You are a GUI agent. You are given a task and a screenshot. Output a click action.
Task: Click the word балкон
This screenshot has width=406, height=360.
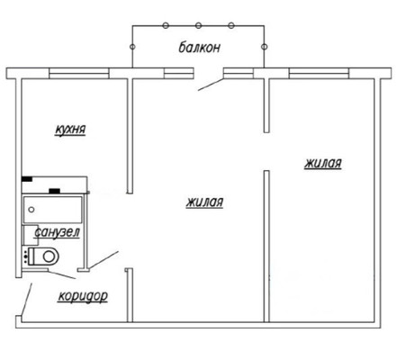tap(200, 48)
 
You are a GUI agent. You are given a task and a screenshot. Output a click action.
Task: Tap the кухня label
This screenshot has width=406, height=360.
tap(70, 130)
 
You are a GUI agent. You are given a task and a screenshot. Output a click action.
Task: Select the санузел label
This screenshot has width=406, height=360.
tap(57, 232)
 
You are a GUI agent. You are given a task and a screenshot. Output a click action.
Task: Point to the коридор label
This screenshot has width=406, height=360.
tap(83, 296)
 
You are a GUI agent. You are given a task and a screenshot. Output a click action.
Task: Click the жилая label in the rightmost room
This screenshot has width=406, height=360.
tap(323, 164)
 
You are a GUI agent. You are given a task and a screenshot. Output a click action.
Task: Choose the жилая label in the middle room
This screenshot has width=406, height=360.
tap(204, 202)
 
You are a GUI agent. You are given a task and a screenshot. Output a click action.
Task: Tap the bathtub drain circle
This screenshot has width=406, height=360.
tap(32, 210)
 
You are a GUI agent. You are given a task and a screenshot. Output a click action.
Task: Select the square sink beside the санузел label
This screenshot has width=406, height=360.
tap(32, 235)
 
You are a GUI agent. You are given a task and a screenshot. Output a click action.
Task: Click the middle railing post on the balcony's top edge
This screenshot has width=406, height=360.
tap(198, 26)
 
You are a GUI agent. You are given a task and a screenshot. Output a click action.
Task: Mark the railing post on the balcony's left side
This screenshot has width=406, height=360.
tap(132, 47)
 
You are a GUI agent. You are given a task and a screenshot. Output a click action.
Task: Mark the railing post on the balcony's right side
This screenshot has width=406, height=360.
tap(264, 47)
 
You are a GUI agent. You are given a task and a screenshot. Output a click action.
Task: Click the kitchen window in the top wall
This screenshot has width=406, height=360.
tap(79, 73)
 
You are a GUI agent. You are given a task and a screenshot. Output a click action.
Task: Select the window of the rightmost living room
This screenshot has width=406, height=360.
tap(319, 73)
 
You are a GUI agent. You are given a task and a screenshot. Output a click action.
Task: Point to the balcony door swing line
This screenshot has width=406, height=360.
tap(211, 85)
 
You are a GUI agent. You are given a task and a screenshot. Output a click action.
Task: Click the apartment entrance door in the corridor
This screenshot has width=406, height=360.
tap(26, 300)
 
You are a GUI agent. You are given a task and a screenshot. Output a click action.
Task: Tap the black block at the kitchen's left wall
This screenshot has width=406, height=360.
tap(27, 179)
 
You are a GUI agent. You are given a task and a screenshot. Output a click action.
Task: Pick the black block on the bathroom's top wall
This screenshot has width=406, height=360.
tap(54, 191)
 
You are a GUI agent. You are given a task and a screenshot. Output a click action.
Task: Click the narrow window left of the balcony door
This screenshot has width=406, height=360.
tap(179, 73)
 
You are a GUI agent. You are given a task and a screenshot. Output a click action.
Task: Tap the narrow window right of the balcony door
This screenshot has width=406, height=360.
tap(239, 73)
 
